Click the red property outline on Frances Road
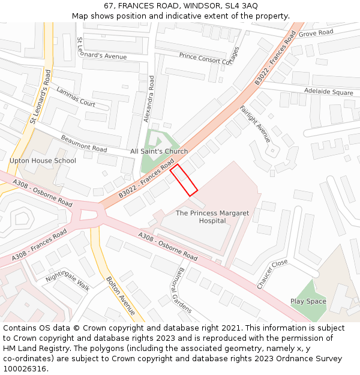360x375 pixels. [x=184, y=179]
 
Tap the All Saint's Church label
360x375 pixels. [x=159, y=151]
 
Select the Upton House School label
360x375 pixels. [x=43, y=161]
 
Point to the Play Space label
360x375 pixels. [x=308, y=301]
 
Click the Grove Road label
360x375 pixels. [x=316, y=32]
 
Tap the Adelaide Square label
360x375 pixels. [x=329, y=92]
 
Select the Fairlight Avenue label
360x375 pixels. [x=256, y=124]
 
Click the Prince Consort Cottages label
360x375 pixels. [x=209, y=57]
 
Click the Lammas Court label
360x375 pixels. [x=76, y=97]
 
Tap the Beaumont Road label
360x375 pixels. [x=83, y=143]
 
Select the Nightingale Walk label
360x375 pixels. [x=67, y=280]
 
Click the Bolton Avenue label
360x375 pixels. [x=121, y=295]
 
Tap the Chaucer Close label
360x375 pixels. [x=272, y=274]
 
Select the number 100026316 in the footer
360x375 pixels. [x=25, y=368]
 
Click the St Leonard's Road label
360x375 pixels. [x=40, y=97]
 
